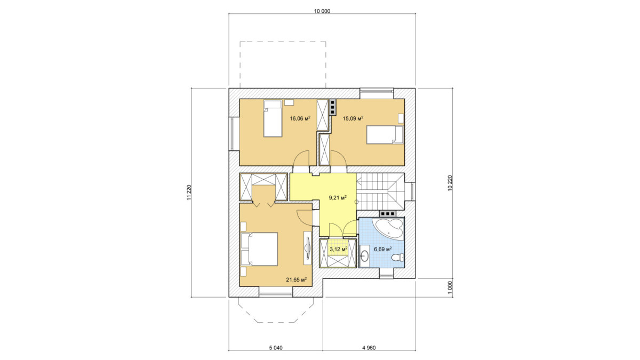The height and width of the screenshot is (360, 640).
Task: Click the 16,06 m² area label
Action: (x=300, y=118)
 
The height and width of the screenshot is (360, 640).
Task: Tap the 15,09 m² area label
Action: (x=353, y=118)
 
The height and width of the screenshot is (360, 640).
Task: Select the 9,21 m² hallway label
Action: (x=338, y=197)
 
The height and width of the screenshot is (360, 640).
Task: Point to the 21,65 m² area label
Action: (x=297, y=279)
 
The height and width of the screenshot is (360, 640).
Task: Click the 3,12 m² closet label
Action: (x=338, y=249)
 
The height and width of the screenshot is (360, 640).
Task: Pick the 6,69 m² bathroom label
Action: (x=383, y=249)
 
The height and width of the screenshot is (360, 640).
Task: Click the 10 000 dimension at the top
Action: (x=322, y=11)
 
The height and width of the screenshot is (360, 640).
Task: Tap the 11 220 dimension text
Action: (x=189, y=193)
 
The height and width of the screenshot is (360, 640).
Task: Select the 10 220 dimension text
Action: (x=450, y=183)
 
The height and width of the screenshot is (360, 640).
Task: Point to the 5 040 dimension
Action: (x=276, y=348)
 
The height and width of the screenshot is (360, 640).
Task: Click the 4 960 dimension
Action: (x=369, y=348)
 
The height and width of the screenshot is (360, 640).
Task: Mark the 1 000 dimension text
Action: (x=450, y=287)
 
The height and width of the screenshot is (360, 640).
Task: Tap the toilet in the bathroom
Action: (x=397, y=258)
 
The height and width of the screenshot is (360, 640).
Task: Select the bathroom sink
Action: (x=365, y=255)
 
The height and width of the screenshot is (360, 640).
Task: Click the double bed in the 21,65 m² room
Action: (x=259, y=249)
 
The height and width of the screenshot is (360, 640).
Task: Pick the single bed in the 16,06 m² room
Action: (x=73, y=118)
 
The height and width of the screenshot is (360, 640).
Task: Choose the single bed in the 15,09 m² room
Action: (x=385, y=134)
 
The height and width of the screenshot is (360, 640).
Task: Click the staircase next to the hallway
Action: (x=381, y=191)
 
